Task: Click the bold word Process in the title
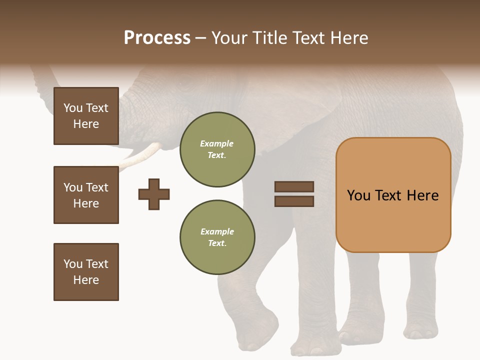point(157,38)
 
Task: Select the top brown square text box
point(86,116)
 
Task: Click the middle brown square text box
point(86,195)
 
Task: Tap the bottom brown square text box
point(86,272)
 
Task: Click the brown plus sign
point(154,194)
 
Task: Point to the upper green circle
point(217,149)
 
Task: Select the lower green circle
point(217,237)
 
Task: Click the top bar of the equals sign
point(294,186)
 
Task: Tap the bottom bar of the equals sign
point(294,201)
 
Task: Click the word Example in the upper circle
point(217,143)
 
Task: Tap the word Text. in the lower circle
point(217,243)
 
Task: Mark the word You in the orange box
point(358,195)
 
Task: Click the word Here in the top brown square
point(86,124)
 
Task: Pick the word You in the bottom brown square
point(73,264)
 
